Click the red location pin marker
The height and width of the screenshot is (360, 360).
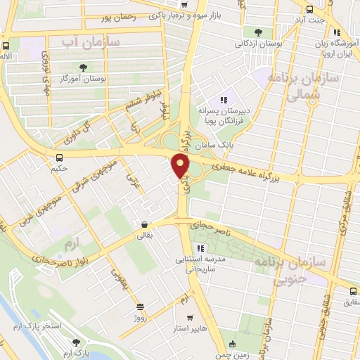[181, 165]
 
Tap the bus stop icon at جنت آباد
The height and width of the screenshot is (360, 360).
[310, 9]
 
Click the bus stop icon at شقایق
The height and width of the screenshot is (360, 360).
[354, 290]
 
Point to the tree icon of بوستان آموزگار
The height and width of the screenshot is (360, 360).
[84, 68]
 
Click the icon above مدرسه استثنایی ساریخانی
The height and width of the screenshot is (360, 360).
[200, 247]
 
